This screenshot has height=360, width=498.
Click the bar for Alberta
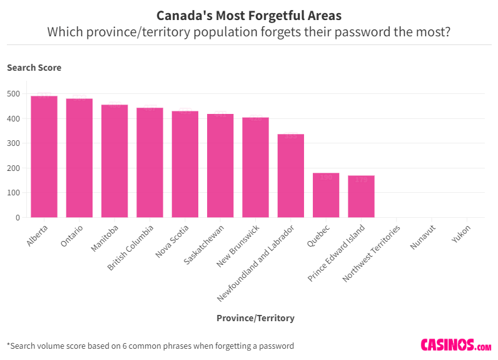pyautogui.click(x=44, y=157)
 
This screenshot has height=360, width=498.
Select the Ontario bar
pyautogui.click(x=79, y=158)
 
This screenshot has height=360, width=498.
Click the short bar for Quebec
pyautogui.click(x=326, y=195)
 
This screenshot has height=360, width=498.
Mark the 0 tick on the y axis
pyautogui.click(x=18, y=218)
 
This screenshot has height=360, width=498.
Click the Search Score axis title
pyautogui.click(x=34, y=68)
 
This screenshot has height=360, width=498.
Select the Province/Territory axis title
pyautogui.click(x=255, y=318)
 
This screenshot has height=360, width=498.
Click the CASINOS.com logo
pyautogui.click(x=455, y=345)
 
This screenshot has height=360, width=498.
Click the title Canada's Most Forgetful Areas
pyautogui.click(x=249, y=15)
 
